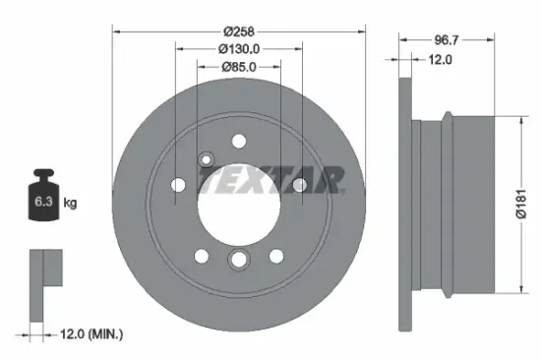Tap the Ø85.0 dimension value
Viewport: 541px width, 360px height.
[x=238, y=67]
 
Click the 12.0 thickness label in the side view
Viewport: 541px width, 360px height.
[x=439, y=59]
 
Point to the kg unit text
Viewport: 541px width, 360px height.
[x=71, y=204]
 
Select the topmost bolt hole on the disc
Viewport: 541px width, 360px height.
[x=238, y=141]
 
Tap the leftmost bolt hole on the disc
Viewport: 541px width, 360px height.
[x=177, y=185]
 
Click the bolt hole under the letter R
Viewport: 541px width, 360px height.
[x=299, y=185]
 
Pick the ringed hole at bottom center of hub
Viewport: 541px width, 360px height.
[x=238, y=260]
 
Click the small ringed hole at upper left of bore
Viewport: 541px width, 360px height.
[x=206, y=159]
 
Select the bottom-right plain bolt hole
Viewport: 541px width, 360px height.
[x=275, y=256]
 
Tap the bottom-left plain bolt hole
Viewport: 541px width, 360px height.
[x=201, y=256]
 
